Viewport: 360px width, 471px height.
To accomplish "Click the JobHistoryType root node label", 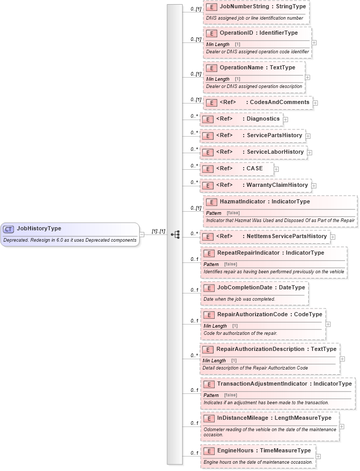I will [x=39, y=228].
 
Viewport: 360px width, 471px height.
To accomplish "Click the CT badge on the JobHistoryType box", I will [x=9, y=229].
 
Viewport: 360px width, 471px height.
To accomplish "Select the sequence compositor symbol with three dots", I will [x=175, y=234].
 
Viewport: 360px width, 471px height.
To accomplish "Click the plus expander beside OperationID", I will [x=314, y=43].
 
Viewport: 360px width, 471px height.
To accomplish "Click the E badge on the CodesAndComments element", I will [x=211, y=102].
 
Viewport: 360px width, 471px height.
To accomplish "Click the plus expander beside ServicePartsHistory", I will [x=308, y=136].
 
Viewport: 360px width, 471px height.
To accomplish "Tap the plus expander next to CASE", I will [x=276, y=169].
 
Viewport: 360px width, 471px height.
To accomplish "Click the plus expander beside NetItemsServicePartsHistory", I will [x=333, y=237].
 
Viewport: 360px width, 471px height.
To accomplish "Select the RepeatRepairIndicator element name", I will [x=248, y=253].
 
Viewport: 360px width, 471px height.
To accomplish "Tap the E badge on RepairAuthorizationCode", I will [x=209, y=315].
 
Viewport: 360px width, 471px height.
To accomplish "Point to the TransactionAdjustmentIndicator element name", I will [x=261, y=384].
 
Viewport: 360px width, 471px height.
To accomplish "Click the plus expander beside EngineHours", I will [x=318, y=457].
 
